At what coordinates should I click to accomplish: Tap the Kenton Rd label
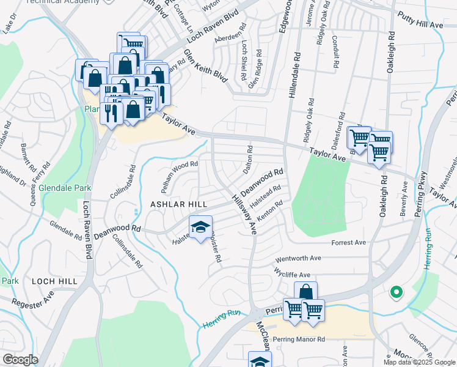tap(271, 211)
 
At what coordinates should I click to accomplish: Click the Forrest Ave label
tap(348, 242)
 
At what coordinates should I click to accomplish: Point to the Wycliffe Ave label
tap(293, 273)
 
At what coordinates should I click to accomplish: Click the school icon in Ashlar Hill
tap(200, 228)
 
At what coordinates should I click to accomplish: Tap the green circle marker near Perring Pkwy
tap(396, 293)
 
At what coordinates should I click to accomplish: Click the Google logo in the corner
tap(21, 360)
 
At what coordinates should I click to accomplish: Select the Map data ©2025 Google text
tap(419, 362)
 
